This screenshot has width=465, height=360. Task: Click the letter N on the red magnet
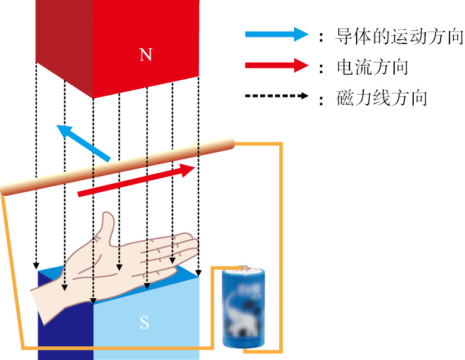(x=146, y=55)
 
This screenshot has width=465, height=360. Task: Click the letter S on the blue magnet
(x=144, y=323)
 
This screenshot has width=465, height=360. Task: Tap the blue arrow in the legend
(x=277, y=35)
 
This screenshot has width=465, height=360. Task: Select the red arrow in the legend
(x=277, y=66)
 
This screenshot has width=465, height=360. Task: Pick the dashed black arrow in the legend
(x=277, y=96)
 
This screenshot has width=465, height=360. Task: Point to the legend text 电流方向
(x=372, y=67)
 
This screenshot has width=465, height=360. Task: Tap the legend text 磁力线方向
(x=382, y=97)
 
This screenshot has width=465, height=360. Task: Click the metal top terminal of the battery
(x=244, y=268)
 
